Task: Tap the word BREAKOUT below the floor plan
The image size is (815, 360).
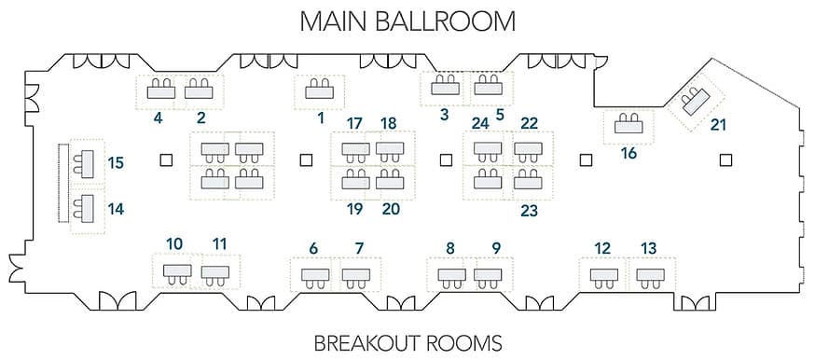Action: pyautogui.click(x=367, y=343)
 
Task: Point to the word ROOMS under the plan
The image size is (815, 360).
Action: pyautogui.click(x=464, y=343)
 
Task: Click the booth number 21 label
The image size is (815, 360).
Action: pyautogui.click(x=718, y=125)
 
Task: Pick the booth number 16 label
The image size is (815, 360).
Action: pyautogui.click(x=629, y=154)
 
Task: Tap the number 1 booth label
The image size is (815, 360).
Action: pyautogui.click(x=321, y=118)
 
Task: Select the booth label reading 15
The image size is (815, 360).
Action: pyautogui.click(x=116, y=163)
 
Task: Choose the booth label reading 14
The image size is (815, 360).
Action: pyautogui.click(x=116, y=209)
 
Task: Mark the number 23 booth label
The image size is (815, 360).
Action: pyautogui.click(x=529, y=211)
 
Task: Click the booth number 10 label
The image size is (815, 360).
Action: pyautogui.click(x=174, y=243)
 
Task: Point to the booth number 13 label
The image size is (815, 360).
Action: pyautogui.click(x=649, y=248)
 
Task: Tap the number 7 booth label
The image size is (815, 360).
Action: pyautogui.click(x=360, y=248)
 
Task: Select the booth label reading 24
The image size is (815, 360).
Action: pyautogui.click(x=480, y=124)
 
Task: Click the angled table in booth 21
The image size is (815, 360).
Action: pyautogui.click(x=696, y=102)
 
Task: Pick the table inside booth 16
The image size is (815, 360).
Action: pyautogui.click(x=629, y=126)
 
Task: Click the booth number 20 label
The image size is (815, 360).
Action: pyautogui.click(x=391, y=209)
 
